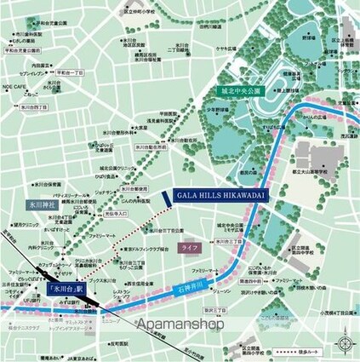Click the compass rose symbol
pos(345,344)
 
